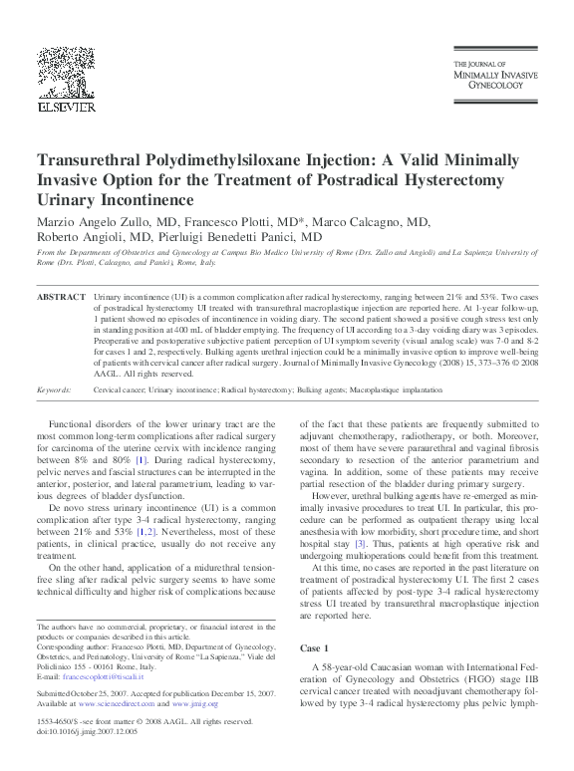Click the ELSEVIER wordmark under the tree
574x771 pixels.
point(68,103)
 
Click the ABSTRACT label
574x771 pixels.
point(61,298)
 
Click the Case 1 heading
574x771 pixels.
point(316,647)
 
